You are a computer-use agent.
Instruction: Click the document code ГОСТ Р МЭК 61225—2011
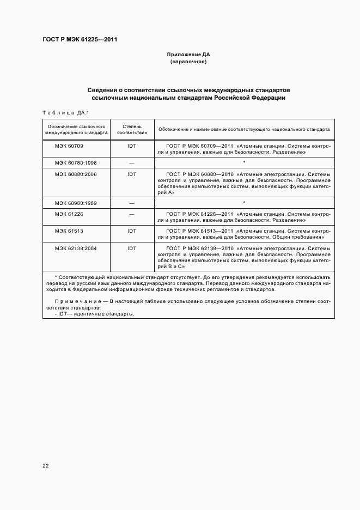coord(80,40)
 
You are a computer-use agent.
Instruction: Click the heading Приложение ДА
coord(188,54)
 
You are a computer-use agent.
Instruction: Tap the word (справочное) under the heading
coord(188,62)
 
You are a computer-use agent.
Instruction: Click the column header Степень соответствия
coord(132,129)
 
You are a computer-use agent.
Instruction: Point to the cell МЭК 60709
coord(69,146)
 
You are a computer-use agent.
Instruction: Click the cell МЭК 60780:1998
coord(75,162)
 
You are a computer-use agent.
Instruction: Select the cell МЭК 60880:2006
coord(75,174)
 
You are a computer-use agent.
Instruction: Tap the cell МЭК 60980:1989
coord(75,203)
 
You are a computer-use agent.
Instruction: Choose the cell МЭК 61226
coord(69,214)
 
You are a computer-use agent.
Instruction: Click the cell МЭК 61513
coord(69,231)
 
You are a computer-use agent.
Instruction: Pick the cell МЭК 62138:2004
coord(75,248)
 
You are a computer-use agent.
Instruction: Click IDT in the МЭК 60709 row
coord(132,146)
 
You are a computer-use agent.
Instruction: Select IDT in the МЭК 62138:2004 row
coord(132,248)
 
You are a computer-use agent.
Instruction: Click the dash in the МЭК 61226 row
coord(132,214)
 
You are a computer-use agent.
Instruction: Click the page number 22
coord(46,466)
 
